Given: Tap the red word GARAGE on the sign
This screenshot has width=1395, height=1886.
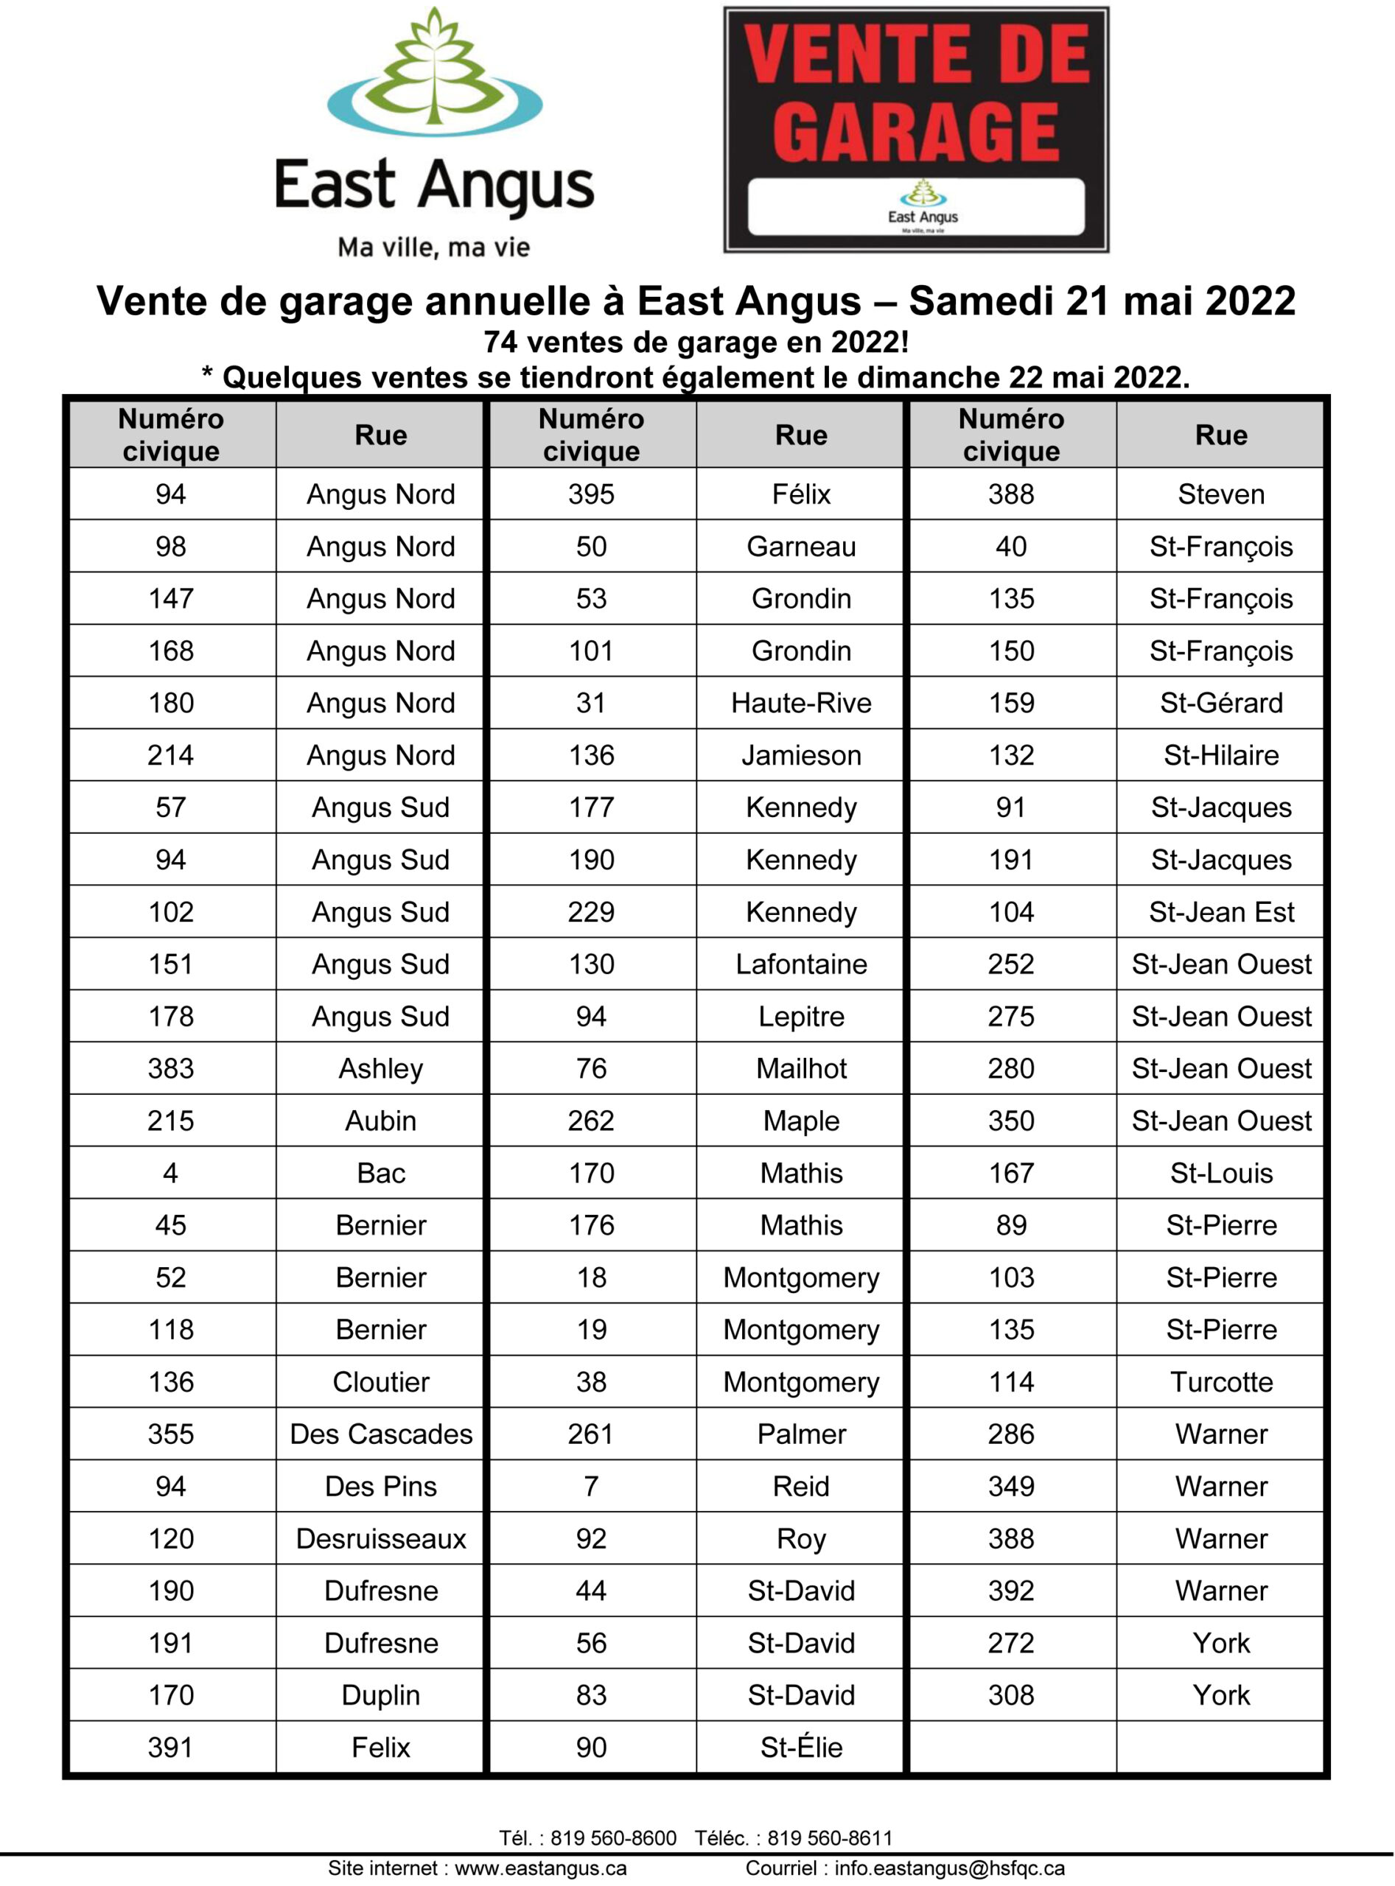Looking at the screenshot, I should pos(915,133).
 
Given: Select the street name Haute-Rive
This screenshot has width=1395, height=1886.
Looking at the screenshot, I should pos(800,702).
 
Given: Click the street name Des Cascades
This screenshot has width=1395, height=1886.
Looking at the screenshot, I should pos(381,1434).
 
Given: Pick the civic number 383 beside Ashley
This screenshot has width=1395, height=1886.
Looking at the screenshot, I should pos(170,1068).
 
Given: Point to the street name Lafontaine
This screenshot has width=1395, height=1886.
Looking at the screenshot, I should pos(800,964).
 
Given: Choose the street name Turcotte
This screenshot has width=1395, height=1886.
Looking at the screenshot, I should pos(1221,1381).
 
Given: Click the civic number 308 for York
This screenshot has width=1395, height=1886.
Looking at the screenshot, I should pos(1011,1694).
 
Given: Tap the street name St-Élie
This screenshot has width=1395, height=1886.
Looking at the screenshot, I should pos(800,1747).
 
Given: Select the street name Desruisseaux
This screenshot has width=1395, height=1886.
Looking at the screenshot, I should pos(381,1538).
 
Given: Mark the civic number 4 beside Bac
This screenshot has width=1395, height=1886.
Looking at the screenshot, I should pos(170,1173).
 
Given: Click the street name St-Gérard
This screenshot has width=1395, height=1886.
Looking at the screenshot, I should pos(1221,702).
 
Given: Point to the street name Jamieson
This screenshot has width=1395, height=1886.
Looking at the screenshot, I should pos(800,754).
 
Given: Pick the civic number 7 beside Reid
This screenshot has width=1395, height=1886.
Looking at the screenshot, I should pos(591,1486).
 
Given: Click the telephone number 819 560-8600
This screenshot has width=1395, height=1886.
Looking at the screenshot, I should pos(613,1838).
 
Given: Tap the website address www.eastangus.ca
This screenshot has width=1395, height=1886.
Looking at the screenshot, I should pos(540,1868).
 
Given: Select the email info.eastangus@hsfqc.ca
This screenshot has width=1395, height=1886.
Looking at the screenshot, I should pos(949,1868).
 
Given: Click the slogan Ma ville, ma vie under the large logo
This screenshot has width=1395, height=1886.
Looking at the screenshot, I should pos(434,248).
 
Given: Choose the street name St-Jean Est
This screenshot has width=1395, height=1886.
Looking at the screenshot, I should pos(1221,912).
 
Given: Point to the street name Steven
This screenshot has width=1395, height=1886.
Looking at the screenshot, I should pos(1221,494).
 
